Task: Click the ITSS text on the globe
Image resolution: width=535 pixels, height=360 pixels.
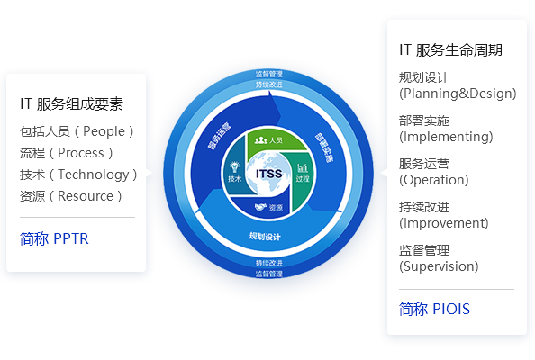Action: point(269,174)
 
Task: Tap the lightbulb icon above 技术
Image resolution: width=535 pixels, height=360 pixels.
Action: point(234,167)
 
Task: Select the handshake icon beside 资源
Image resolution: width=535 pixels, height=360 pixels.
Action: point(260,207)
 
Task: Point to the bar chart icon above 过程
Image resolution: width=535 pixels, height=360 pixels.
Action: point(303,167)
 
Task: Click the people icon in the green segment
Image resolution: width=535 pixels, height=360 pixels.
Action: point(260,140)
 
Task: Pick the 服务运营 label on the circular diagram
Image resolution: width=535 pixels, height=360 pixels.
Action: point(220,136)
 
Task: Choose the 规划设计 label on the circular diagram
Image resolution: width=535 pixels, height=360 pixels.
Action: point(265,236)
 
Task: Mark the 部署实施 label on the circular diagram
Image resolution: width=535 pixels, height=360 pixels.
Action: point(324,148)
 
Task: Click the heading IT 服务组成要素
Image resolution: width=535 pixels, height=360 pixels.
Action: point(72,104)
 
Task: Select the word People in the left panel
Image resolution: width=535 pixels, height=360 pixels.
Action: point(104,131)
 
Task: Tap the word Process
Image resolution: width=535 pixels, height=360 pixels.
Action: point(81,153)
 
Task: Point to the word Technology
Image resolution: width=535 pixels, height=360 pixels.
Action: point(94,175)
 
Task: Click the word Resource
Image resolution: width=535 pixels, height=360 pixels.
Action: point(86,196)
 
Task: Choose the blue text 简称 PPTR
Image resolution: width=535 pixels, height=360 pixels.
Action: point(54,238)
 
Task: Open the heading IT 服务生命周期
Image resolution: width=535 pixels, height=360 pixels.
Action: point(450,50)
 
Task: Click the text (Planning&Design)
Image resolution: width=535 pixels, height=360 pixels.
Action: point(458,94)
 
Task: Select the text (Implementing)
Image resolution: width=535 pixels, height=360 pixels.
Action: point(446,137)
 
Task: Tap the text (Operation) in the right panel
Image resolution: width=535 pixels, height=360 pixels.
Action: point(434,180)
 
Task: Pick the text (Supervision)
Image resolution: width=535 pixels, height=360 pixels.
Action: point(439,266)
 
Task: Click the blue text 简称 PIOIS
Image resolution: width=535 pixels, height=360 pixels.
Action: point(434,309)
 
